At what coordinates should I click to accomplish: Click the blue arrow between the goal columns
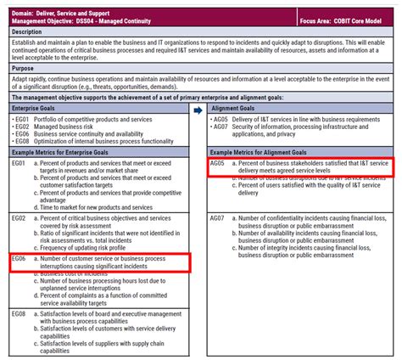[198, 110]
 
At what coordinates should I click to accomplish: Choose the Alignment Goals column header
[233, 110]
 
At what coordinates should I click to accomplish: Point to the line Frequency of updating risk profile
[94, 247]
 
